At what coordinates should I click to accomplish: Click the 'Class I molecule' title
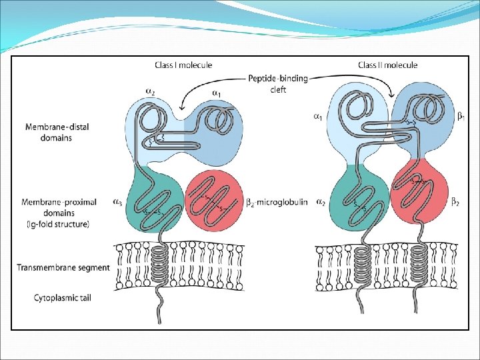(183, 65)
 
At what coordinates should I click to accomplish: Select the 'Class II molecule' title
(387, 65)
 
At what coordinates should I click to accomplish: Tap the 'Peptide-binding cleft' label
(279, 83)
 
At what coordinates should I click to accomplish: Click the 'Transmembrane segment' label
(63, 268)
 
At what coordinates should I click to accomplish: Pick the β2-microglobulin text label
(274, 202)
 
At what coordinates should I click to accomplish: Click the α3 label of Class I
(117, 202)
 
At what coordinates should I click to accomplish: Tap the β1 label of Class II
(461, 116)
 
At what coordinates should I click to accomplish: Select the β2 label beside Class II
(455, 202)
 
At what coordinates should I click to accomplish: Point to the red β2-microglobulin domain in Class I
(213, 199)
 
